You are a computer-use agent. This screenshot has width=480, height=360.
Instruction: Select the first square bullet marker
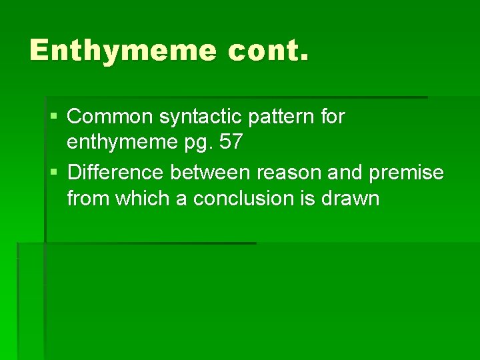pos(54,117)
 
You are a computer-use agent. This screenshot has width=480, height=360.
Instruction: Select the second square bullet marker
pos(54,173)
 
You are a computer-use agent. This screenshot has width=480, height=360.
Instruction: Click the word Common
pos(111,117)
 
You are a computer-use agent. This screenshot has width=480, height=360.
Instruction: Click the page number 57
pos(232,143)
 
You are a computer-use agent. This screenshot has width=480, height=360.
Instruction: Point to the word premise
pos(406,173)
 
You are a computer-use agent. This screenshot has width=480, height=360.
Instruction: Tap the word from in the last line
pos(89,199)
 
